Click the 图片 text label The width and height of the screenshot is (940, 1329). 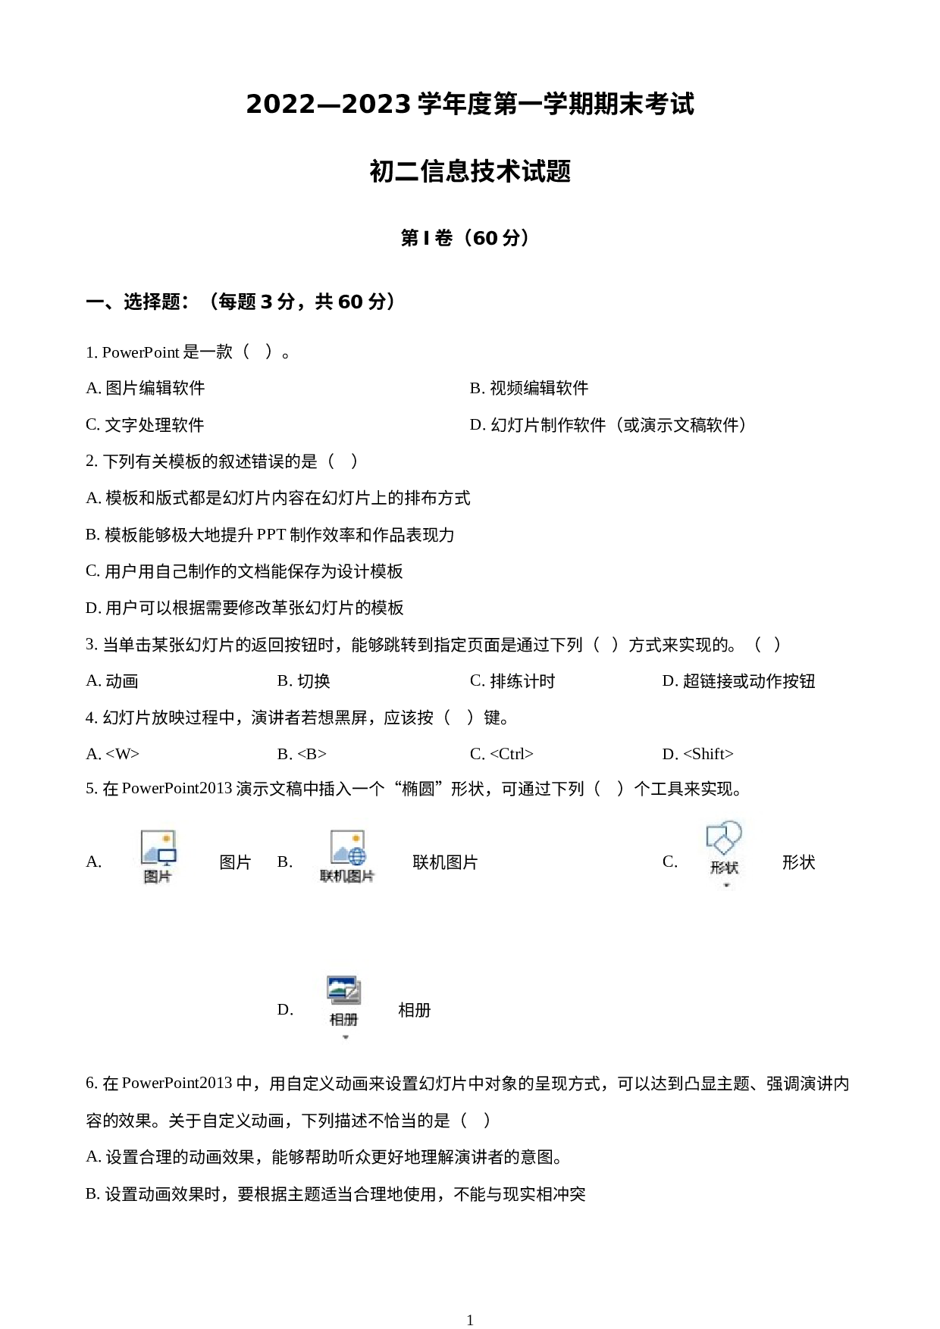(x=158, y=877)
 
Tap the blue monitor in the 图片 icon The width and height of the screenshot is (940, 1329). (x=168, y=856)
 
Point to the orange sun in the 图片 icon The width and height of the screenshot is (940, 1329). (x=166, y=839)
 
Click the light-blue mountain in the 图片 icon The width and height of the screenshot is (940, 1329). (x=150, y=855)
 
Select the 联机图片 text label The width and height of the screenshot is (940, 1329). (x=347, y=877)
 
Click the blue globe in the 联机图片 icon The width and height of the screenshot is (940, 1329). (x=357, y=856)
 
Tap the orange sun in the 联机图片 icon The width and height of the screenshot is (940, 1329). (x=355, y=839)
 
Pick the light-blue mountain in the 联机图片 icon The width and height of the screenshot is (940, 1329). (x=339, y=854)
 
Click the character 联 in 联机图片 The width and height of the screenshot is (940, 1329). (x=327, y=877)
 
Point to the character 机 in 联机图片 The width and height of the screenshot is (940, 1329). (x=340, y=877)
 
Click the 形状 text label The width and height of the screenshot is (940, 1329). (x=724, y=868)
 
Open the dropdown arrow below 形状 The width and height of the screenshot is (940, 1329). (x=726, y=884)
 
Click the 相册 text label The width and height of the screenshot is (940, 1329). (x=343, y=1019)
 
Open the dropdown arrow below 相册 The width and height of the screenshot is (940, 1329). (x=346, y=1037)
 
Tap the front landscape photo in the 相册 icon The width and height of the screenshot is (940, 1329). (x=340, y=987)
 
